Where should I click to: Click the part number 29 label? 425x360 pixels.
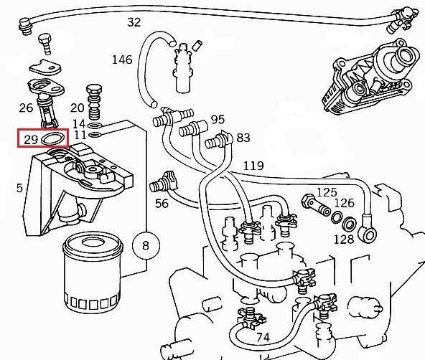pos(31,140)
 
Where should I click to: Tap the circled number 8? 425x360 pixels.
pos(146,245)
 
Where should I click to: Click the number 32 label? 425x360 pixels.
pos(134,22)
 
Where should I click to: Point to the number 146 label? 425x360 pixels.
pos(122,60)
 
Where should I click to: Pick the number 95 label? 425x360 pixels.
pos(218,119)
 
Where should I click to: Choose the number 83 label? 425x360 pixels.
pos(243,138)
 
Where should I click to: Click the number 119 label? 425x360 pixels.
pos(253,166)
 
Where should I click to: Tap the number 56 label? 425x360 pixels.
pos(162,204)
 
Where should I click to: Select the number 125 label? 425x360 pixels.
pos(327,192)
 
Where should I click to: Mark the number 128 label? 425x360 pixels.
pos(344,240)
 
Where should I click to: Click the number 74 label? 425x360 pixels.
pos(263,338)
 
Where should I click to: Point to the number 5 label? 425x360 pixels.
pos(19,188)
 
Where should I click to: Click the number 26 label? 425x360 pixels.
pos(26,108)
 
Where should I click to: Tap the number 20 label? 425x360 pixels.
pos(78,108)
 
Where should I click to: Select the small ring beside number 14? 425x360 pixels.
pos(95,125)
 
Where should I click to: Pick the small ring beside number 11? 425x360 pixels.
pos(95,135)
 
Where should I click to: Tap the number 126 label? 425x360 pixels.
pos(345,203)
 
